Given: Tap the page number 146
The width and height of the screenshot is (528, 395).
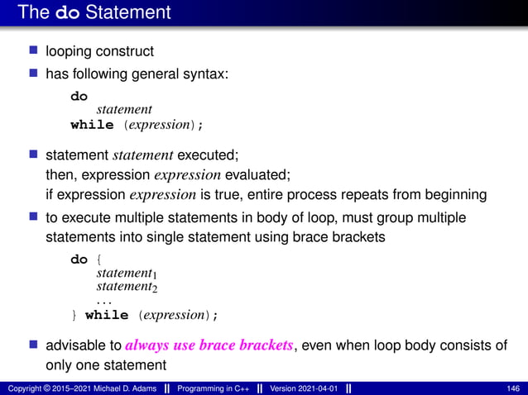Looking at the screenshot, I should pyautogui.click(x=511, y=388).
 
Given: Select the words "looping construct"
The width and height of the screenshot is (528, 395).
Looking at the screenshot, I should pyautogui.click(x=99, y=51).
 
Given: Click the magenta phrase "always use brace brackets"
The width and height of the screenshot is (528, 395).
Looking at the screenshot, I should pyautogui.click(x=209, y=345).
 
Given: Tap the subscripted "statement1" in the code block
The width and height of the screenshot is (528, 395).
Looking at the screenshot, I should pyautogui.click(x=127, y=274).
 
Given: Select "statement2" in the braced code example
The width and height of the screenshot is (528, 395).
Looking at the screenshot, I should pyautogui.click(x=127, y=288).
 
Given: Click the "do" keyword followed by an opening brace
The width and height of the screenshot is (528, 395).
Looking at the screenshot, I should pyautogui.click(x=79, y=259).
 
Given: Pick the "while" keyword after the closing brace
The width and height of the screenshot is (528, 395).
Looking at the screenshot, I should pyautogui.click(x=107, y=315).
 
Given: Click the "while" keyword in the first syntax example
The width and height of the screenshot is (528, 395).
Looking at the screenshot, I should pyautogui.click(x=92, y=125).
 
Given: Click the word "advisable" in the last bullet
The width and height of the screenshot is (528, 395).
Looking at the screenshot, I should pyautogui.click(x=75, y=345).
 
